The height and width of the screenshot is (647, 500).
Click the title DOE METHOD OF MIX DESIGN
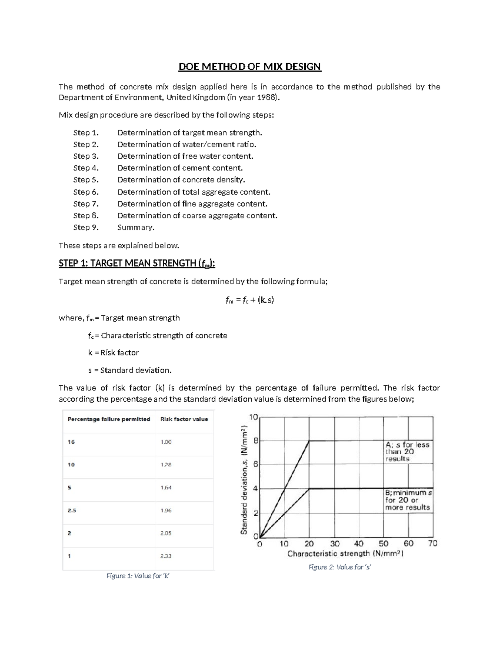click(250, 67)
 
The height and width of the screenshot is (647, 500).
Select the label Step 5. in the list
click(86, 180)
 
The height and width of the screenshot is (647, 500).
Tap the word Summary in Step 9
click(135, 227)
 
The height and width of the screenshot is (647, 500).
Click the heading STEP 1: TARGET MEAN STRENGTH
click(137, 263)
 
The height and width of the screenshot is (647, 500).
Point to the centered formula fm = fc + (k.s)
click(249, 300)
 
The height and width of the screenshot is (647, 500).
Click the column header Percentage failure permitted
click(109, 419)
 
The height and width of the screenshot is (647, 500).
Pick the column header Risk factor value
click(184, 419)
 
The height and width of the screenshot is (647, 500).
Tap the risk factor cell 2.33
click(166, 556)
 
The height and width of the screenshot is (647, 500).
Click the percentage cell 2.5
click(72, 510)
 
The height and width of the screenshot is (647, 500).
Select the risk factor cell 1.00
click(166, 442)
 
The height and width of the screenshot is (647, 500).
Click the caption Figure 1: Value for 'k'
click(138, 576)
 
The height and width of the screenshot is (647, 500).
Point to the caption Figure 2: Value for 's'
click(340, 567)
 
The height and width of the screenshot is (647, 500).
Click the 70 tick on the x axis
click(432, 544)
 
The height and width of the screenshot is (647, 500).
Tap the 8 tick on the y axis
click(256, 440)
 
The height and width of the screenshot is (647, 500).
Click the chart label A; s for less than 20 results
click(407, 452)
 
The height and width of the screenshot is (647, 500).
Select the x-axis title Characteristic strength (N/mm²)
click(345, 554)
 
